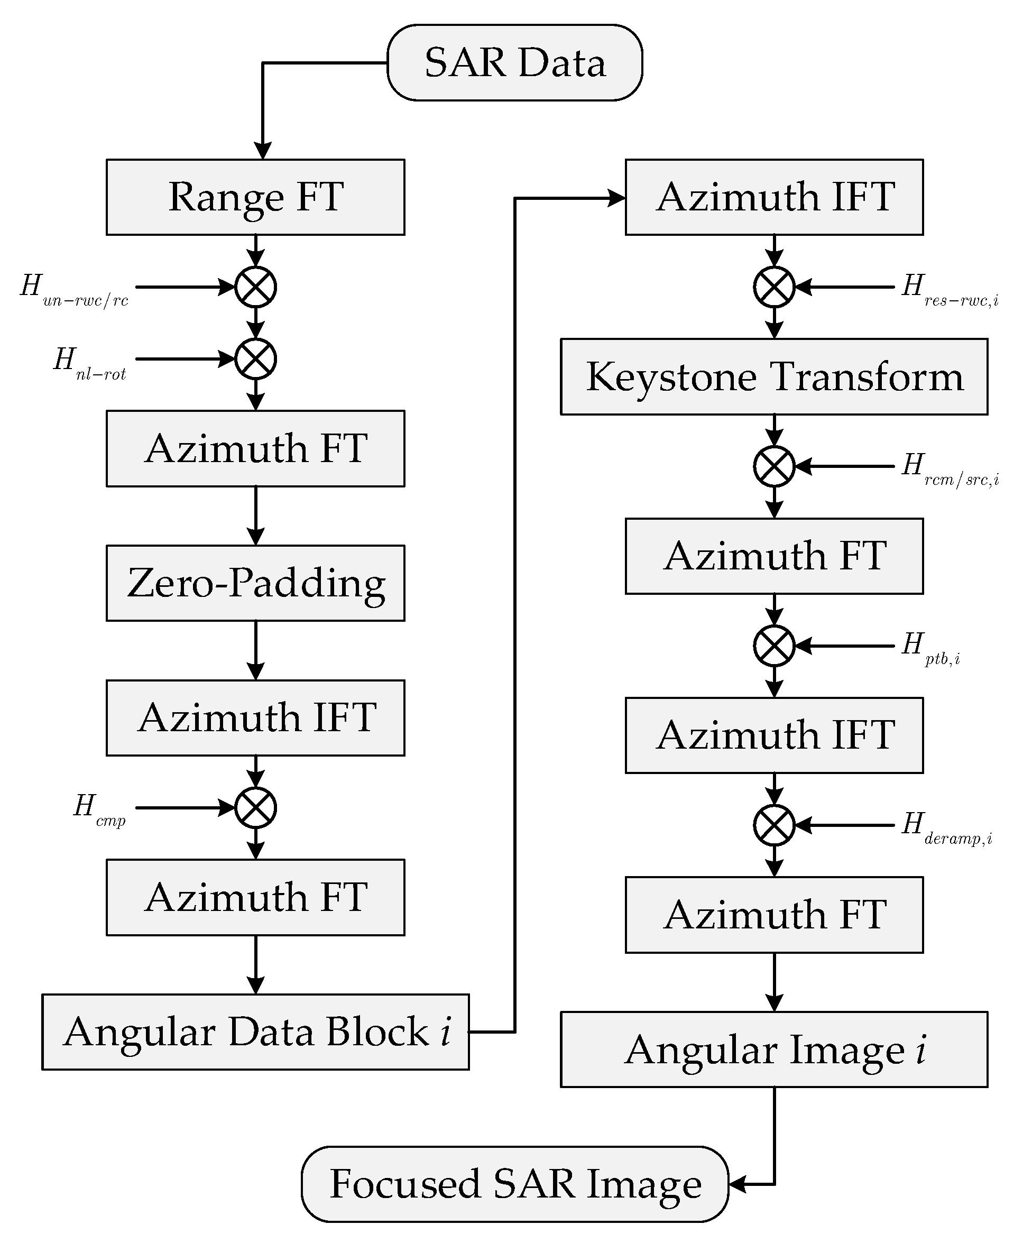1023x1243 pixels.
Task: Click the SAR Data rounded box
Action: click(514, 62)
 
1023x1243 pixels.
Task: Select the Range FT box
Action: click(255, 197)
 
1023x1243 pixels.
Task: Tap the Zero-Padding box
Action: click(255, 583)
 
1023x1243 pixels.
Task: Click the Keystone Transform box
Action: click(774, 376)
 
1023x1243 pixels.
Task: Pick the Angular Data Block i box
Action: click(255, 1032)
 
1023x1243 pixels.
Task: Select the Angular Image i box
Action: click(774, 1049)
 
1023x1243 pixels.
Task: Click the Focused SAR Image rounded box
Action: click(514, 1184)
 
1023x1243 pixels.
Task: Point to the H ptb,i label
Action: click(931, 648)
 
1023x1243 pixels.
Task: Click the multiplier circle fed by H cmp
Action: click(255, 807)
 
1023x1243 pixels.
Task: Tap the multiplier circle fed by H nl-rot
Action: click(255, 359)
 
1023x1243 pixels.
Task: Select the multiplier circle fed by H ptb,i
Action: click(774, 646)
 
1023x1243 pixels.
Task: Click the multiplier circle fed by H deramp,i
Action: click(774, 825)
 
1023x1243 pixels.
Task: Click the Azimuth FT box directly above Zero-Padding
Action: click(255, 448)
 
